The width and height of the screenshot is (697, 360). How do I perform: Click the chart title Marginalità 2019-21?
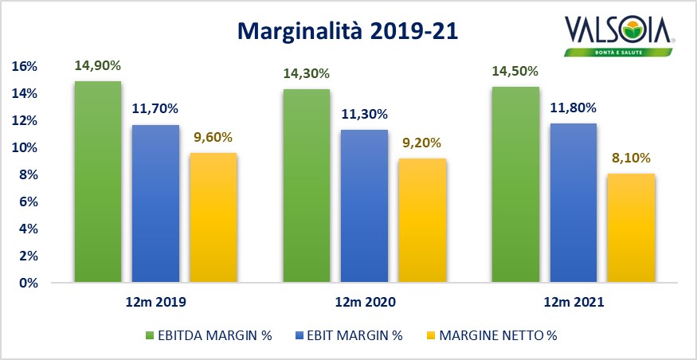pos(349,32)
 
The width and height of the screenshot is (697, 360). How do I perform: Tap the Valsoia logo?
pos(620,37)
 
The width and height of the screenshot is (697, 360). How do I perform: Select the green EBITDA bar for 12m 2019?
pos(97,182)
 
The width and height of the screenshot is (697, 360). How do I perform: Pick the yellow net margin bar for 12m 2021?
pos(632,228)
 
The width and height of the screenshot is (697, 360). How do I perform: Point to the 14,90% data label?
pos(97,66)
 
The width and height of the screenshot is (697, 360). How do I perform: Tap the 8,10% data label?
pos(632,158)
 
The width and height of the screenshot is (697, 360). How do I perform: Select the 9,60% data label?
pos(213,137)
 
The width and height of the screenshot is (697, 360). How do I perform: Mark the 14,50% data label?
pos(515,72)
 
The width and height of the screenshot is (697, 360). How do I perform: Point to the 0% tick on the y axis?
pos(28,283)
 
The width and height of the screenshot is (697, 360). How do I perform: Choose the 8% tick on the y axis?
pos(28,175)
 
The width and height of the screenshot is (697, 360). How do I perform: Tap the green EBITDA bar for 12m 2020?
pos(307,186)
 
